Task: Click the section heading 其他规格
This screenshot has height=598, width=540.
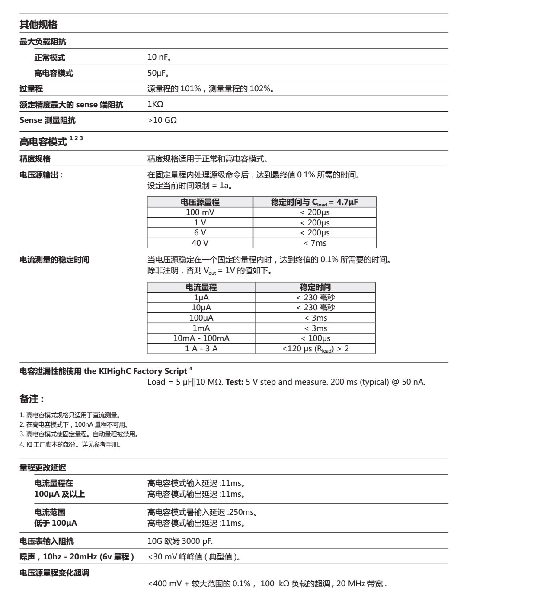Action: [x=38, y=25]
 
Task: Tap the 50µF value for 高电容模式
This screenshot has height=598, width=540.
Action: [x=158, y=73]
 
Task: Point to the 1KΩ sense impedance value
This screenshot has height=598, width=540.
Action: [x=155, y=104]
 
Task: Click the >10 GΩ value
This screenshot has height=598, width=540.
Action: [x=162, y=120]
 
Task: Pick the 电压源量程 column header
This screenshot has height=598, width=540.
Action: [x=200, y=202]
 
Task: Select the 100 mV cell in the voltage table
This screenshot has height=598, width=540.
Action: [x=200, y=212]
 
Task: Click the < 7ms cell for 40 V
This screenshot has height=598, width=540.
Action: [x=315, y=243]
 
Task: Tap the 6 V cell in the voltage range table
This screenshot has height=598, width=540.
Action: [x=200, y=233]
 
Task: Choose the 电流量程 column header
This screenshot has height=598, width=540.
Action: [x=201, y=287]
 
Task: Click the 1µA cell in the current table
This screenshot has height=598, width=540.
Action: [x=201, y=298]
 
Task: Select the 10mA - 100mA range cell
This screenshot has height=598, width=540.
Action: [x=201, y=338]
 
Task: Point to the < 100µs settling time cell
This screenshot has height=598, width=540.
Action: [x=315, y=338]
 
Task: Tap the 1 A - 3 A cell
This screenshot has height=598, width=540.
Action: [x=201, y=349]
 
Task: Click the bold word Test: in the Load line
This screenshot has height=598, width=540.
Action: [x=235, y=382]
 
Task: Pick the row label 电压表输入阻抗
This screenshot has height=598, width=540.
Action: [x=47, y=541]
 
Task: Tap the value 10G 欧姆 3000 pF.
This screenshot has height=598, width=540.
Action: [x=180, y=541]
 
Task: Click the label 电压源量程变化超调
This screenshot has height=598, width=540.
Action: [x=54, y=573]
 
